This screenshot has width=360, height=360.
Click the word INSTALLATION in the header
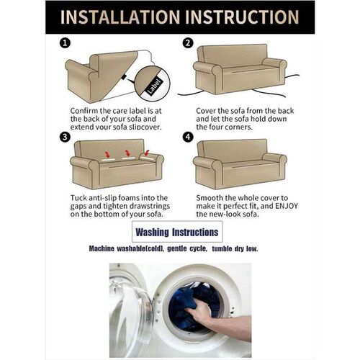tap(120, 17)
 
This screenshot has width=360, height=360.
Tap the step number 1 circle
tap(65, 43)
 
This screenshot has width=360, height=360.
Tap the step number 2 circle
tap(188, 43)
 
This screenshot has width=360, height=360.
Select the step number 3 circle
tap(65, 138)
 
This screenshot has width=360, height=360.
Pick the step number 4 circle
tap(188, 138)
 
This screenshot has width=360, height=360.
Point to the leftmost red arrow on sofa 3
tap(107, 154)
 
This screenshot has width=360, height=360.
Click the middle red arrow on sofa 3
tap(127, 153)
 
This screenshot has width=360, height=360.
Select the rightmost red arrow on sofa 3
tap(146, 153)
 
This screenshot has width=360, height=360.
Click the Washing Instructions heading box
tap(177, 232)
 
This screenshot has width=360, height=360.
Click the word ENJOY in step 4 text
tap(286, 206)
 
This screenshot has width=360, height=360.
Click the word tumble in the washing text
tap(222, 248)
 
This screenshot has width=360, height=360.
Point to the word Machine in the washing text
tap(102, 248)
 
